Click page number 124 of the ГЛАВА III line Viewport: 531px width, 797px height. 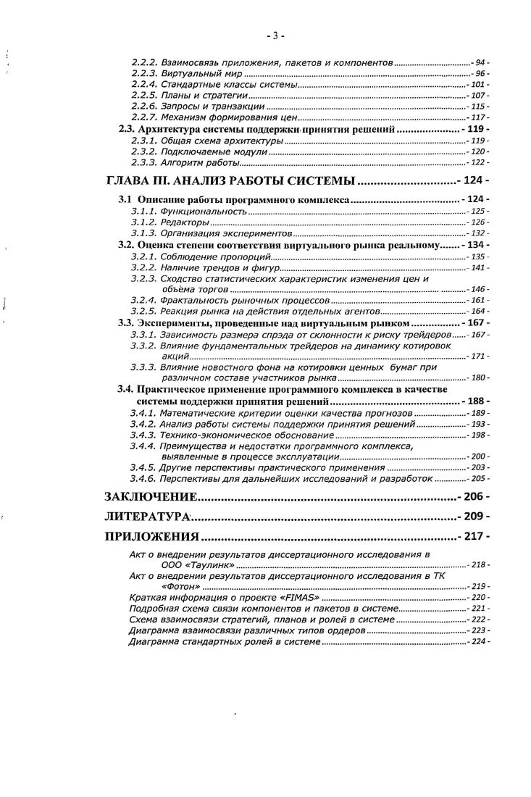tap(475, 180)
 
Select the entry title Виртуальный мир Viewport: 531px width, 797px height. tap(200, 75)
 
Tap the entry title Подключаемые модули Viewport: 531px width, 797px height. tap(212, 153)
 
